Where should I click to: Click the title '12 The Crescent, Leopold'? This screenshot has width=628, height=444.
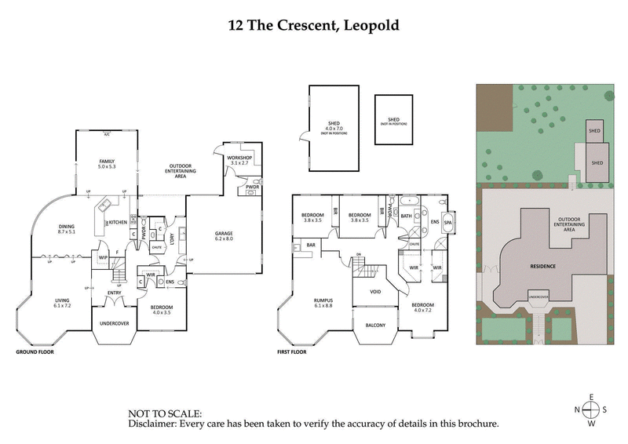314,25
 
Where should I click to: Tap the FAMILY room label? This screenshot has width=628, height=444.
107,163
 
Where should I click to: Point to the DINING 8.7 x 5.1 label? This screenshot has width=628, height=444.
67,230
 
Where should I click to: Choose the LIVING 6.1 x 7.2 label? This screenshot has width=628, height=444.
63,302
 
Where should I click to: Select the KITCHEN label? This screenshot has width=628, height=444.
117,222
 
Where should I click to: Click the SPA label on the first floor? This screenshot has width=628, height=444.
448,223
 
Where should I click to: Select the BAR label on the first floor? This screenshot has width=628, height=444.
311,246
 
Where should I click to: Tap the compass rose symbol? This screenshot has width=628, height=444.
592,409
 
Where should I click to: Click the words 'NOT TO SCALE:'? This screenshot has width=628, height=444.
165,413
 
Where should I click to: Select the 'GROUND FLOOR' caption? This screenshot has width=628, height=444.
35,352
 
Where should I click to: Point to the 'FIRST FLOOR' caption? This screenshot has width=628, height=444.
295,352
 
